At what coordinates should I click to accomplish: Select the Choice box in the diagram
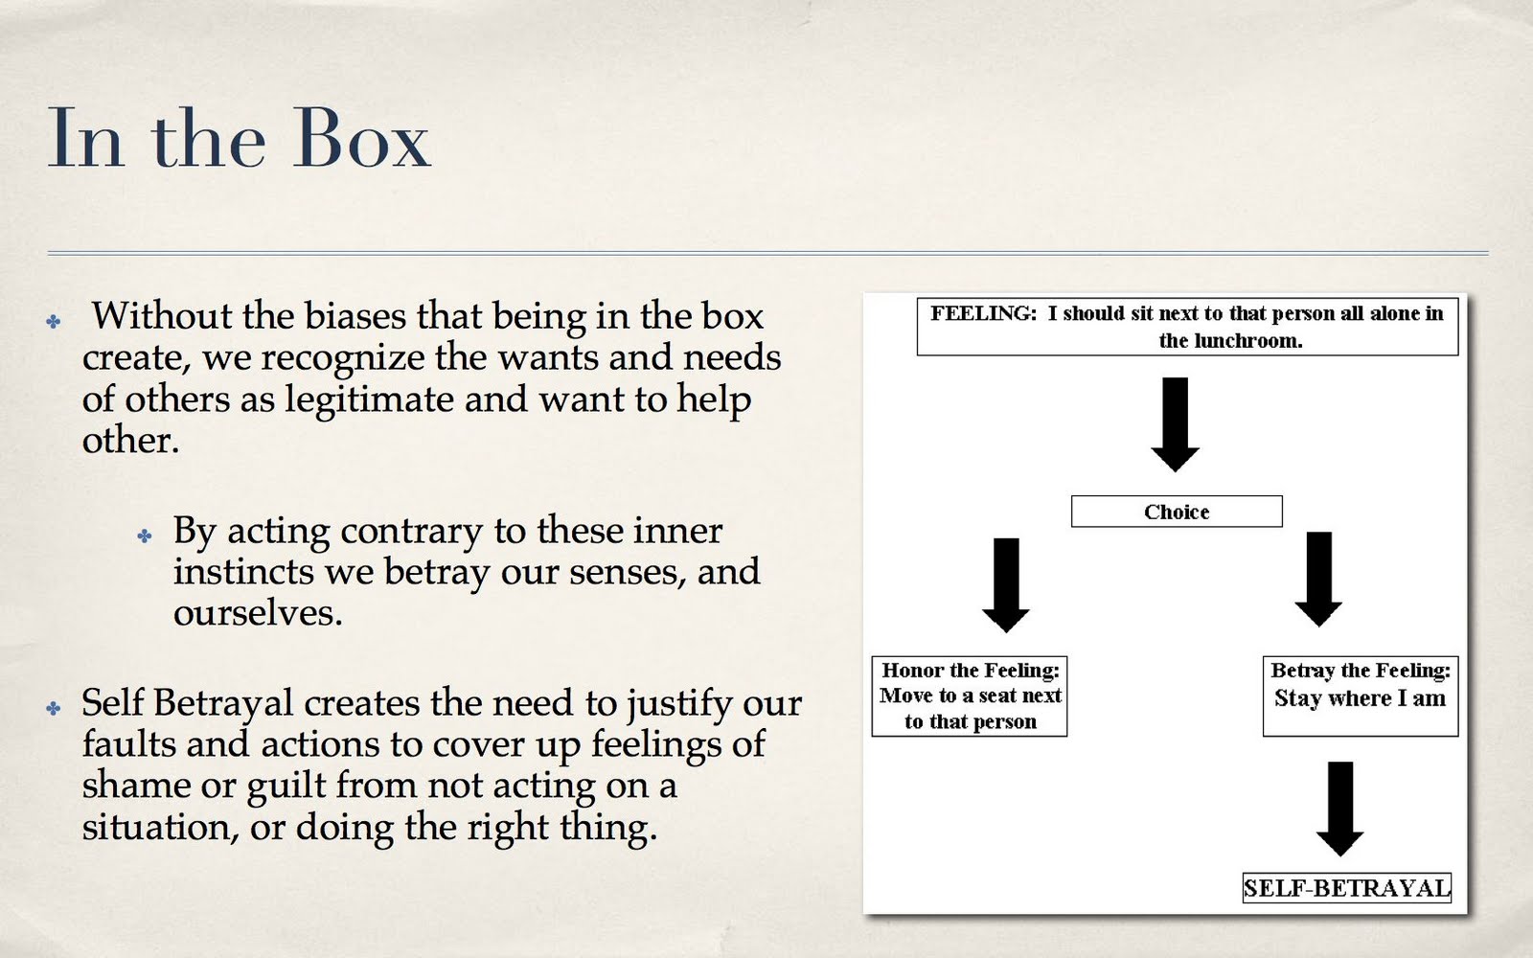click(x=1177, y=512)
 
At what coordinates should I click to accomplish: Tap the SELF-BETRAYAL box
click(x=1346, y=888)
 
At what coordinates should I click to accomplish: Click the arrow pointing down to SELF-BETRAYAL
click(x=1340, y=808)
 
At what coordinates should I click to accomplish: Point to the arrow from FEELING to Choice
click(x=1175, y=423)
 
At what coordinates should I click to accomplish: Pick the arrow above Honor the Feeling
click(x=1006, y=583)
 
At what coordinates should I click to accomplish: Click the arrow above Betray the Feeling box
click(x=1318, y=579)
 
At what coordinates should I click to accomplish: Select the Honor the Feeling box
click(x=970, y=696)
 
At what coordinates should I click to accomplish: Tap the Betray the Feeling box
click(x=1361, y=696)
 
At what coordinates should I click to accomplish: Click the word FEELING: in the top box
click(x=983, y=313)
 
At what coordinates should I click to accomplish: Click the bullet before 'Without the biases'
click(x=54, y=322)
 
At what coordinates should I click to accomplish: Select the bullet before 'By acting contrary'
click(x=145, y=536)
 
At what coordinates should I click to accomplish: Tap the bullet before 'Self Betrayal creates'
click(x=54, y=709)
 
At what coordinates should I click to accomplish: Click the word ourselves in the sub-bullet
click(x=256, y=613)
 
